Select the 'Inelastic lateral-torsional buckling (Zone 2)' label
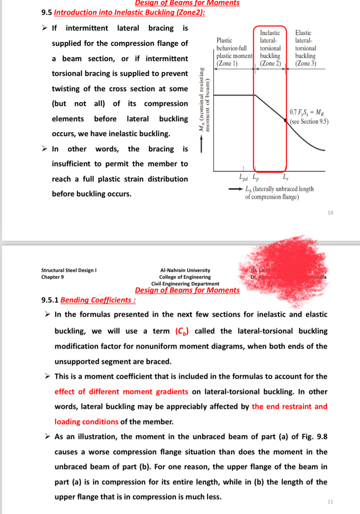(x=270, y=48)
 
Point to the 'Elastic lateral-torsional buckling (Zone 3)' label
(x=305, y=48)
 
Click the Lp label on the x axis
(x=255, y=177)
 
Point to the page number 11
(x=330, y=501)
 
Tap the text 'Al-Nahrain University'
(x=185, y=270)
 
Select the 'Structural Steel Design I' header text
(x=69, y=270)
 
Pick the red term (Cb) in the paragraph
(x=182, y=331)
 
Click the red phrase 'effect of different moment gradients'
(x=121, y=391)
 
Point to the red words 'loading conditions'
(x=86, y=421)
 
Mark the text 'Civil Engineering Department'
(x=185, y=284)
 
